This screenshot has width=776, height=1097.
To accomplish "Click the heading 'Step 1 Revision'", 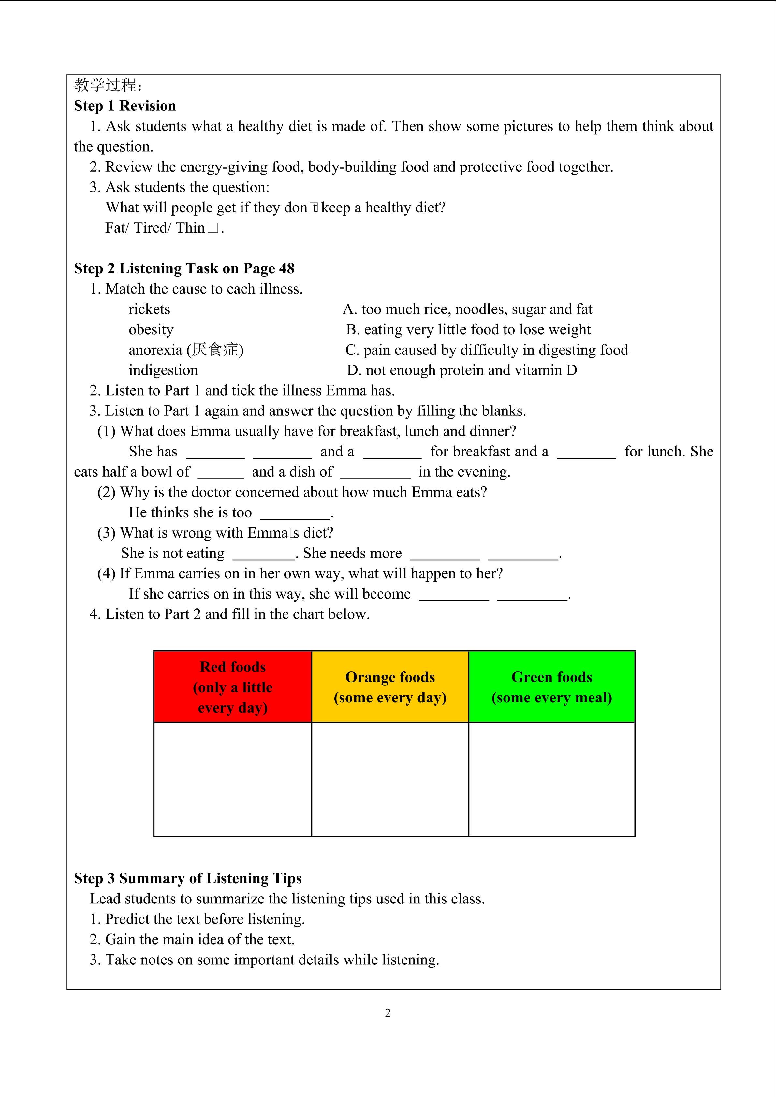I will [x=125, y=106].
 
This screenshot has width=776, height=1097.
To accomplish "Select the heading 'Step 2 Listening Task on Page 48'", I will [x=184, y=268].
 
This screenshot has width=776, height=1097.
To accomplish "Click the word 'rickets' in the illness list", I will [x=149, y=309].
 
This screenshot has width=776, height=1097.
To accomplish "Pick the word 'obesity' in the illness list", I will [x=151, y=330].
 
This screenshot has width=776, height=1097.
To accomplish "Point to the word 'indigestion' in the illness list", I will [x=163, y=370].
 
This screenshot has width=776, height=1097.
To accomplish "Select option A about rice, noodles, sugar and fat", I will [x=467, y=309].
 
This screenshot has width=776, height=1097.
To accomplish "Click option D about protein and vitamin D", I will [x=461, y=370].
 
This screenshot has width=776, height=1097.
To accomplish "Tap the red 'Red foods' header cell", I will [x=233, y=686].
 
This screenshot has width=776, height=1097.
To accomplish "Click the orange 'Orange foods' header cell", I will [x=390, y=686].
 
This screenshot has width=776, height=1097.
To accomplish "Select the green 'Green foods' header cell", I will [x=551, y=686].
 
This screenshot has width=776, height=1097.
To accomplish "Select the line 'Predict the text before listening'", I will [x=198, y=919].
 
